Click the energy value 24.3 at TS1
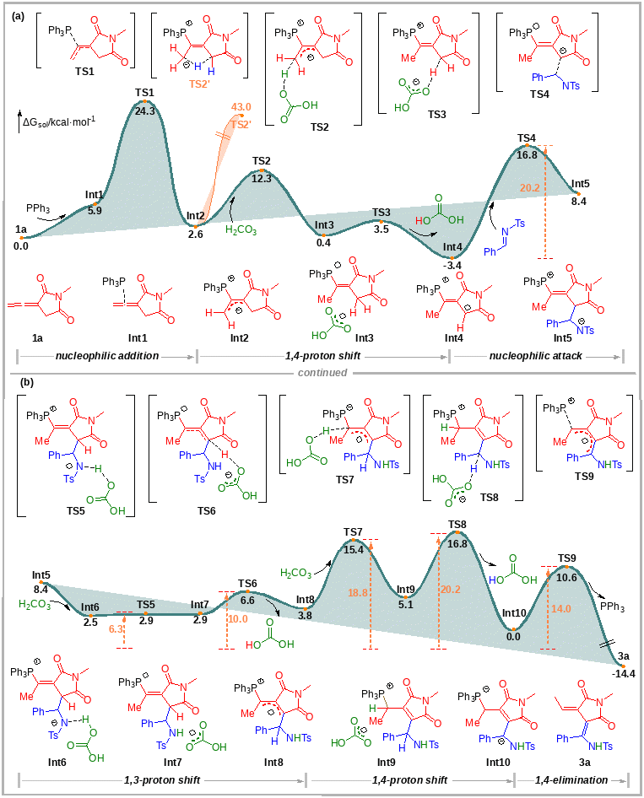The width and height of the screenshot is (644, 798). (144, 111)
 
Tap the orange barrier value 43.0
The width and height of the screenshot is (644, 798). (241, 107)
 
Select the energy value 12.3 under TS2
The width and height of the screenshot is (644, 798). (262, 178)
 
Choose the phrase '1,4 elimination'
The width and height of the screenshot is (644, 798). (571, 780)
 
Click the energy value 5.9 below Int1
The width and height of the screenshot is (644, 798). (95, 211)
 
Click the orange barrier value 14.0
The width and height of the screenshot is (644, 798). (561, 608)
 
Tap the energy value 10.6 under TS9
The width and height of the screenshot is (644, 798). (567, 577)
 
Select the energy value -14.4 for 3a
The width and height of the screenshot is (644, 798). (625, 673)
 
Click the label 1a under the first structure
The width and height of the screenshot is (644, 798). (37, 337)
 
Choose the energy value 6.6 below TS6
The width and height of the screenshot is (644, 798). (247, 600)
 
